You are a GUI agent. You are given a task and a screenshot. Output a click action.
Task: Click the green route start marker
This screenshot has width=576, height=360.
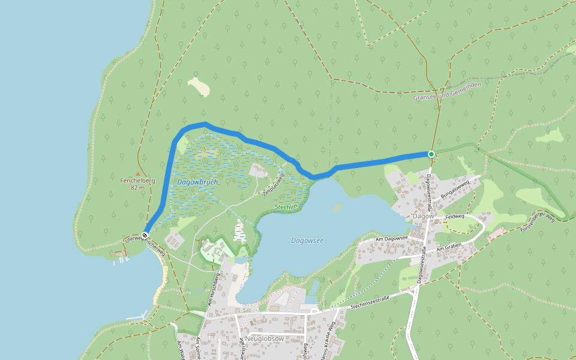click(431, 154)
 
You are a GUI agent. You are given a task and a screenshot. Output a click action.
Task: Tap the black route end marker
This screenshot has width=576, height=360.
click(145, 235)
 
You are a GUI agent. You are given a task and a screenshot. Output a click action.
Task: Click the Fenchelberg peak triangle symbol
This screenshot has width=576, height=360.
click(137, 173)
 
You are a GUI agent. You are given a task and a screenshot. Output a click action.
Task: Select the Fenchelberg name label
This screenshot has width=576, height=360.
click(137, 181)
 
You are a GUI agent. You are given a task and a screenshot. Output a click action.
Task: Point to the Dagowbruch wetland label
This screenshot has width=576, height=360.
click(197, 182)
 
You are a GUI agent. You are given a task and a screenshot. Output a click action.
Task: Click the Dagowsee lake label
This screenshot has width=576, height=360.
click(307, 241)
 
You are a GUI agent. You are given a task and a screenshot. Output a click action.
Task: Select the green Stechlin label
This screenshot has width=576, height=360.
click(286, 207)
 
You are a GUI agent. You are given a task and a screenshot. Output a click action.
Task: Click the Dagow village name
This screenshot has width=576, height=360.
click(424, 216)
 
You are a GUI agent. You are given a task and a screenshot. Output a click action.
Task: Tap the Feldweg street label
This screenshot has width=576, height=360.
click(455, 216)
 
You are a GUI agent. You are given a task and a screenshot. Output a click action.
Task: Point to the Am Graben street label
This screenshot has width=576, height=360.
click(448, 248)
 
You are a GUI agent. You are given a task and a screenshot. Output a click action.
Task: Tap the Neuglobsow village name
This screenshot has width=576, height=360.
click(264, 338)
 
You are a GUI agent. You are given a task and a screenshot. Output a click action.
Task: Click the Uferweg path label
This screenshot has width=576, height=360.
click(133, 238)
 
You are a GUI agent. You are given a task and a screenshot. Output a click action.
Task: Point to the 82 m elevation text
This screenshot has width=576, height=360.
click(137, 188)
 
